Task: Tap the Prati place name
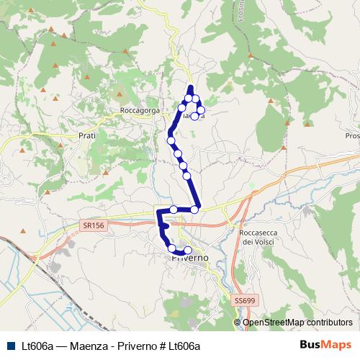point(86,135)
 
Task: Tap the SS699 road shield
point(245,299)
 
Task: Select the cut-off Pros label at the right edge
point(352,135)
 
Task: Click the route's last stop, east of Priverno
point(188,250)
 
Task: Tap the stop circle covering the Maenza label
point(195,115)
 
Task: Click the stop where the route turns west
point(195,209)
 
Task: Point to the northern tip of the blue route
point(191,87)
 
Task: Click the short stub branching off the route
point(166,226)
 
